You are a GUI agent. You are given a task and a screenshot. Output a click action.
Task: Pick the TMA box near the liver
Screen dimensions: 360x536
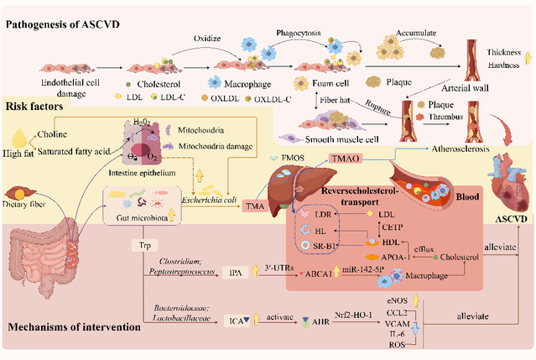(254, 206)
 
